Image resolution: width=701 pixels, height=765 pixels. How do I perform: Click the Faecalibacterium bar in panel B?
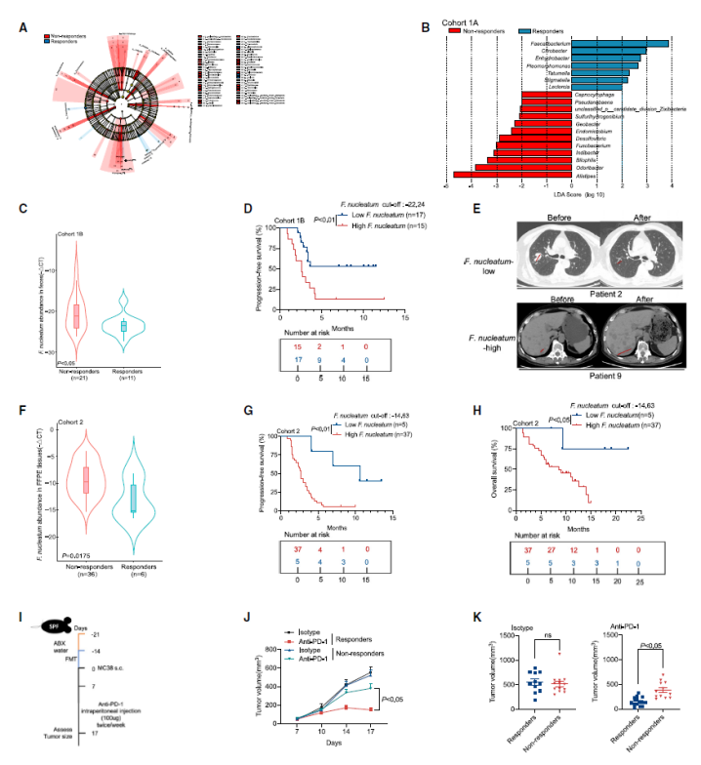pyautogui.click(x=621, y=43)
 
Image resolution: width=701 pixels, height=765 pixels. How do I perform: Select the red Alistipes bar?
pyautogui.click(x=487, y=175)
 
